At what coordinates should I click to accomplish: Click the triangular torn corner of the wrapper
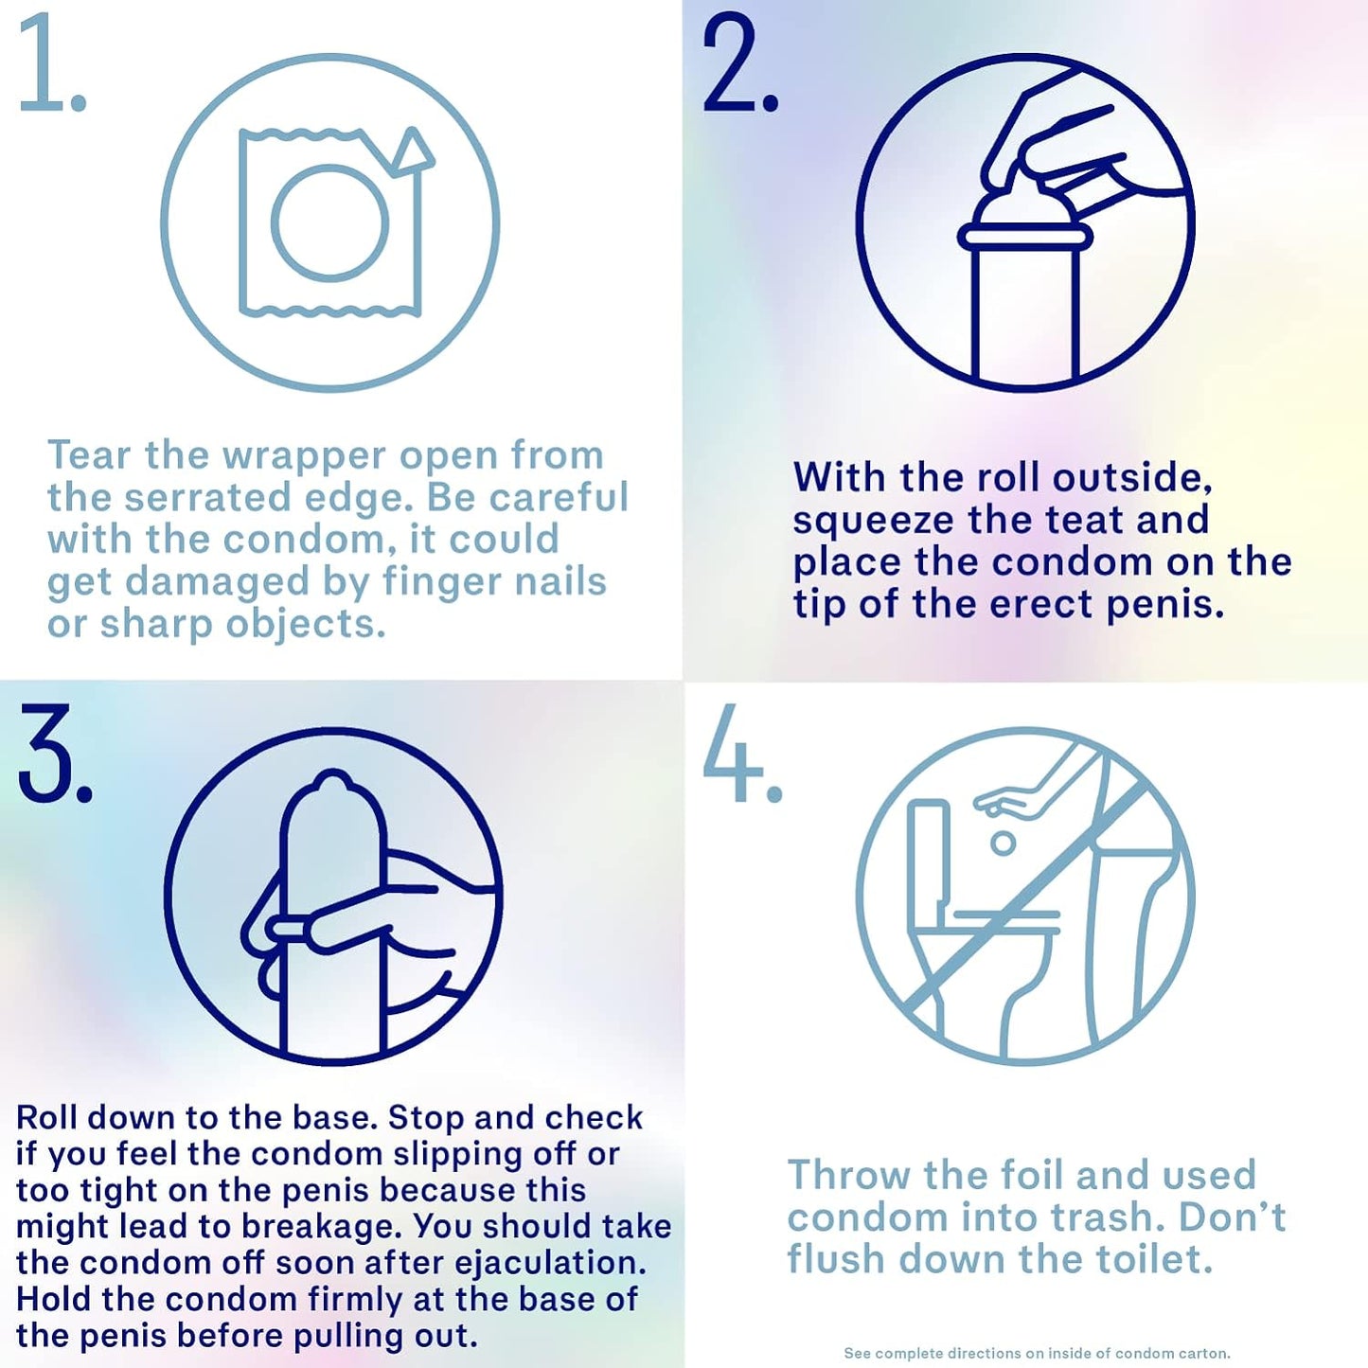[411, 151]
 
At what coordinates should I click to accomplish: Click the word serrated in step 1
[207, 498]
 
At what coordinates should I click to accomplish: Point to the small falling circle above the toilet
[1003, 844]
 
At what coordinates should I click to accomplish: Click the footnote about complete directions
[1037, 1353]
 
